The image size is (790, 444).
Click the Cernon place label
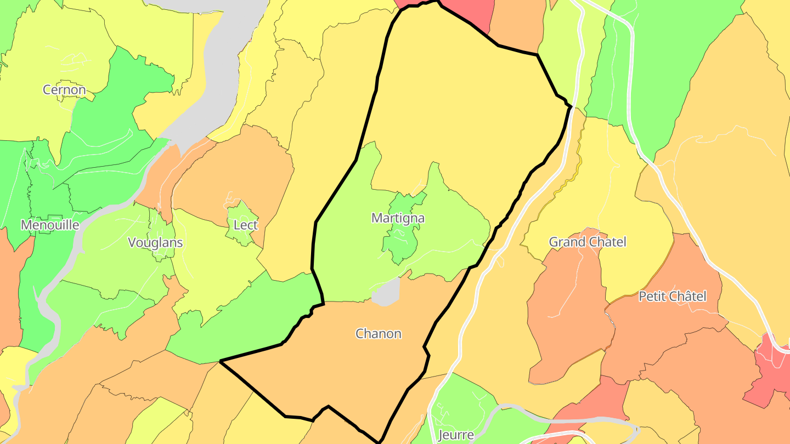pos(65,90)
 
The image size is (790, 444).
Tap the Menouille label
pos(50,225)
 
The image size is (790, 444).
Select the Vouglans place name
pos(155,242)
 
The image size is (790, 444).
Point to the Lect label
pos(245,225)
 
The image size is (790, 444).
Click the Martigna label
pos(398,218)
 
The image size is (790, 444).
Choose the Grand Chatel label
pos(588,242)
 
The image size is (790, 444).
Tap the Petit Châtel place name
pos(673,297)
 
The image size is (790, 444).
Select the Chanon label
pos(379,333)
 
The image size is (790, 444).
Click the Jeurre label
pos(456,435)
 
